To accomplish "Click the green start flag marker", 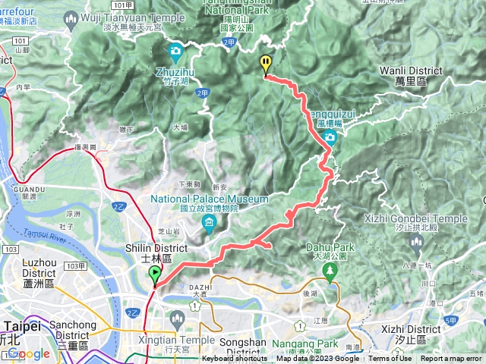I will [155, 274].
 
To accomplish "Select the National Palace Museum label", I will [209, 199].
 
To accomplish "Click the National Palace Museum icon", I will [209, 221].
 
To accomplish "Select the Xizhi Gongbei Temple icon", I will [415, 241].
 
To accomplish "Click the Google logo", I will [28, 353].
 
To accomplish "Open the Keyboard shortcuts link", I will [235, 359].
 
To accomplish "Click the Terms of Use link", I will [391, 359].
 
